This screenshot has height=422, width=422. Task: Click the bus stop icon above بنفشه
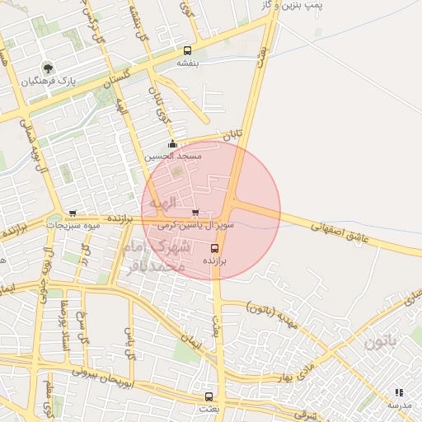click(189, 50)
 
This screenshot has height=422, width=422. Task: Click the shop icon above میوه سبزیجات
click(73, 213)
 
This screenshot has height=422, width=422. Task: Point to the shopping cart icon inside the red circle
click(195, 212)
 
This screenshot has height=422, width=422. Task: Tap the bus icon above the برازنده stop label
click(215, 247)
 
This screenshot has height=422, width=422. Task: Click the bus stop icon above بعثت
click(207, 396)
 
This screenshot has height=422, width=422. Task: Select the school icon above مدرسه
click(399, 393)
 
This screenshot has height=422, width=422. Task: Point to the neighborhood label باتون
click(403, 339)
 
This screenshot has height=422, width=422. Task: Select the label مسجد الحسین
click(172, 156)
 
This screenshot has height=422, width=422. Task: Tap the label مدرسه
click(399, 406)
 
